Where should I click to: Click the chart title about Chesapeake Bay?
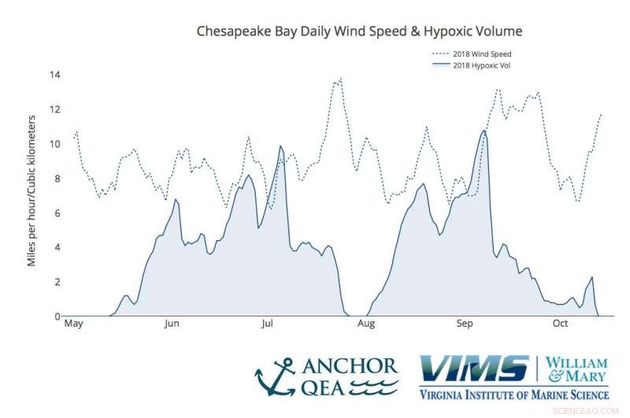[x=358, y=31]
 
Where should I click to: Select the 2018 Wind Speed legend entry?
[x=487, y=54]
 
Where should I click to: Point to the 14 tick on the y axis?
[x=57, y=75]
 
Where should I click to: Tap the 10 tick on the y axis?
[x=57, y=144]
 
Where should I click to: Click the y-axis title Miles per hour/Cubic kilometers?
[x=32, y=190]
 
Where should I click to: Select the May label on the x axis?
[x=73, y=324]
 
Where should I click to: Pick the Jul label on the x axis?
[x=268, y=324]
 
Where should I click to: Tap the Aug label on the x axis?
[x=365, y=324]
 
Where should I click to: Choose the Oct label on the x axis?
[x=561, y=324]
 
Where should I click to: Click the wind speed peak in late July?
[x=340, y=79]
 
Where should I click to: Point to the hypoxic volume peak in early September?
[x=484, y=131]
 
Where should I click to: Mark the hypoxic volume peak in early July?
[x=280, y=146]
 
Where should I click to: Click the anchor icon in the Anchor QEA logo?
[x=275, y=377]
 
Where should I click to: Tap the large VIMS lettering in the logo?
[x=474, y=369]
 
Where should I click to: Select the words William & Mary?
[x=578, y=370]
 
